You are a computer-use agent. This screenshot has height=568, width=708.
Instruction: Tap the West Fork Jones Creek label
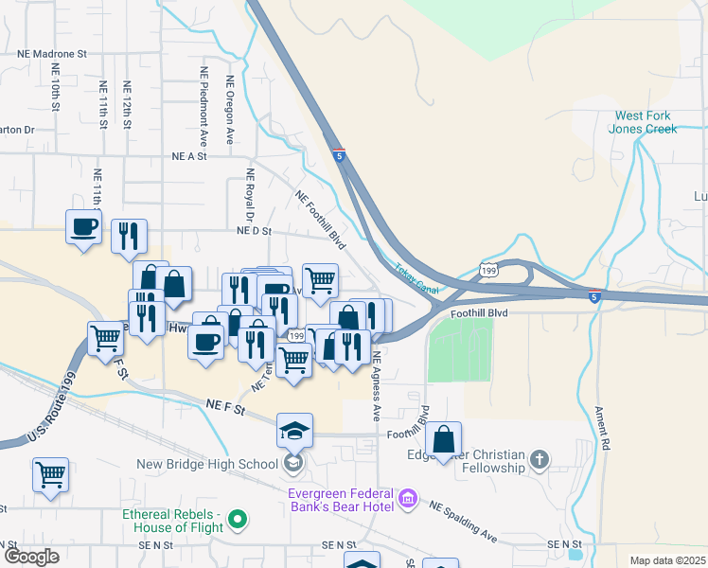(x=644, y=122)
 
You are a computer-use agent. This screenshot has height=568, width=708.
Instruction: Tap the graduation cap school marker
(x=294, y=431)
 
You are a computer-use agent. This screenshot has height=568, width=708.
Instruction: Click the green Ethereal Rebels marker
(x=238, y=519)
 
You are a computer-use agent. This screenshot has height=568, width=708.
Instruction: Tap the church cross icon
(x=539, y=460)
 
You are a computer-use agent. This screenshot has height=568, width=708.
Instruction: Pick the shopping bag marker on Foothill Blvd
(x=443, y=439)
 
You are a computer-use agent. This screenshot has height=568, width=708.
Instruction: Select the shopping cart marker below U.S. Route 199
(x=50, y=475)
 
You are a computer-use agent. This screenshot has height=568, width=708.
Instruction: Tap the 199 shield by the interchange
(x=488, y=270)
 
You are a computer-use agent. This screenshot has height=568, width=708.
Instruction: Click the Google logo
(x=31, y=557)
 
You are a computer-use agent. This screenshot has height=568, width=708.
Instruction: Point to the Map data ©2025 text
(x=666, y=560)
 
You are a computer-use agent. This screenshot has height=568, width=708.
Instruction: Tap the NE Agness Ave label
(x=376, y=386)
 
